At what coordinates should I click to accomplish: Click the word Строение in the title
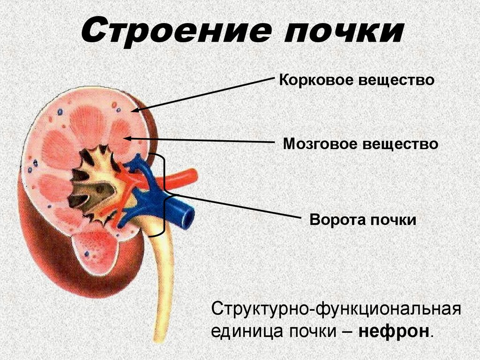[x=176, y=31]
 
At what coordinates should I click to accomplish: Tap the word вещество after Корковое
[x=396, y=81]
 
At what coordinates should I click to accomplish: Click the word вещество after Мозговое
[x=400, y=144]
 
